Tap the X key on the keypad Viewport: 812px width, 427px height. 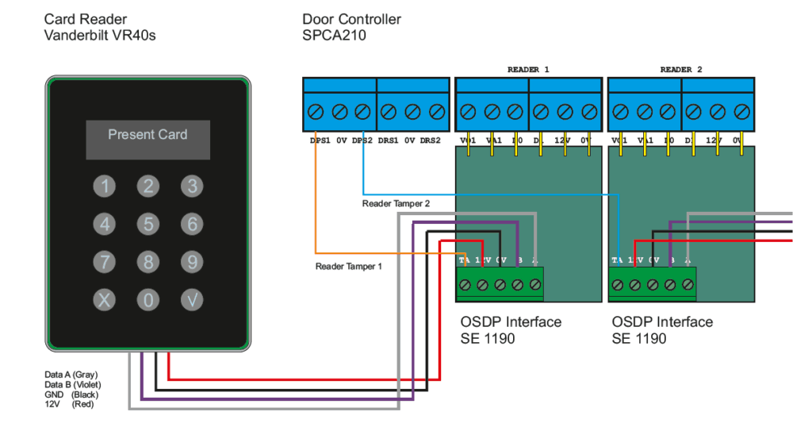(105, 300)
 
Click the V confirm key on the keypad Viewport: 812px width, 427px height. (191, 300)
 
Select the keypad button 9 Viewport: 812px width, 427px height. (191, 262)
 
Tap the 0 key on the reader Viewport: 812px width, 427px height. (148, 300)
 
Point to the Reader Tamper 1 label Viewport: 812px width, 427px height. (348, 267)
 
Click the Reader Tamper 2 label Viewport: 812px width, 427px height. (396, 204)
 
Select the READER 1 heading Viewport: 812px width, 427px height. (528, 70)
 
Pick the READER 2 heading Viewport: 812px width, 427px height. (681, 70)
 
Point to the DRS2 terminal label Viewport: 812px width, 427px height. (430, 140)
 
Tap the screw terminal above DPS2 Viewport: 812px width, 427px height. (363, 112)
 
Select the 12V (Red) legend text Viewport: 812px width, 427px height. (71, 405)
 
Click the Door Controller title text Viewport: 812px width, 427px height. (351, 19)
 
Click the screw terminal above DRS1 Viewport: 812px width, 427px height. (388, 112)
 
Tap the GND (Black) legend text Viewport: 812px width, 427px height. (71, 394)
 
